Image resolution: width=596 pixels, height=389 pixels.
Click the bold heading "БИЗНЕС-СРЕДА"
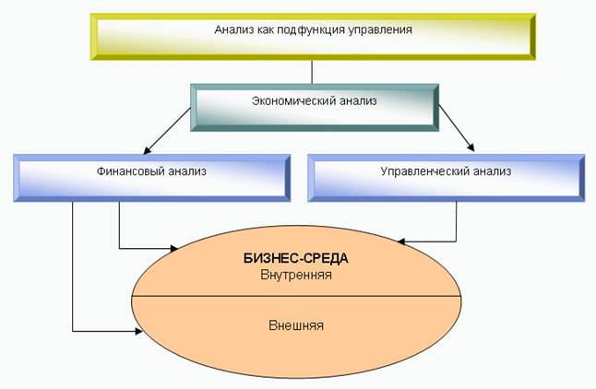[x=296, y=259]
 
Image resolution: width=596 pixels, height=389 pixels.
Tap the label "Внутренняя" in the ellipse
[x=296, y=275]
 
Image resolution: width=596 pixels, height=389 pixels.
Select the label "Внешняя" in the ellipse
[x=296, y=325]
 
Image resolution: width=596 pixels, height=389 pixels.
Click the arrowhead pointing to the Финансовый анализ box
[x=147, y=151]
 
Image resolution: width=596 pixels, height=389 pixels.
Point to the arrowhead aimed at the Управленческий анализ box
[x=471, y=147]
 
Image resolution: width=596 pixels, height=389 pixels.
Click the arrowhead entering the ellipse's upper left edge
[x=174, y=249]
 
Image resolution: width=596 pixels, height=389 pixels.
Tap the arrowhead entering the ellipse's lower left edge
[x=138, y=331]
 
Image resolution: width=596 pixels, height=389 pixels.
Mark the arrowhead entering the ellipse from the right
[x=400, y=242]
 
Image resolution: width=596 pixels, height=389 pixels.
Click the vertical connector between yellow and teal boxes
[x=312, y=72]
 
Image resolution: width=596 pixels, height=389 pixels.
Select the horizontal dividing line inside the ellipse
[x=296, y=296]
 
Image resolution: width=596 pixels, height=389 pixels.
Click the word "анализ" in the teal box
[x=358, y=101]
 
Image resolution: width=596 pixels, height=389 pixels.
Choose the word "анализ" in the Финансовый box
[x=187, y=171]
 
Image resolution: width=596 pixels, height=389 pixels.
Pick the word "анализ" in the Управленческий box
[x=493, y=171]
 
